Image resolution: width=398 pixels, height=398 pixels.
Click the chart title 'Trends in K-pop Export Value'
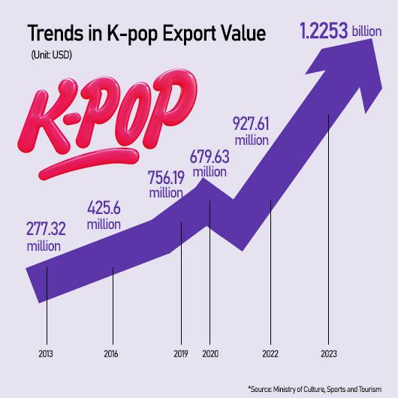pos(146,35)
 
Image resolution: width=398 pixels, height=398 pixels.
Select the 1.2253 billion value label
pos(323,32)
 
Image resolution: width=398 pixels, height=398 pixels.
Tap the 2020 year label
pos(210,352)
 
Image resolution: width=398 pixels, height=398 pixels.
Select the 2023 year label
pos(328,352)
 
